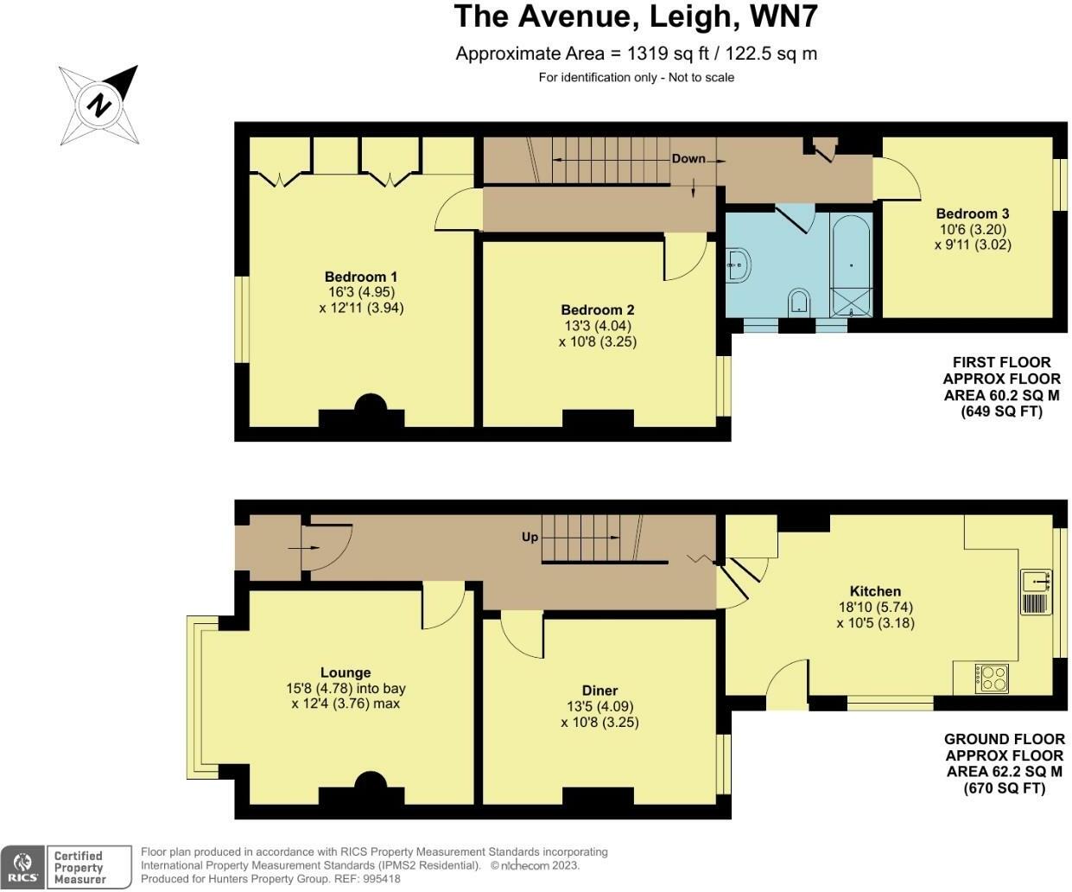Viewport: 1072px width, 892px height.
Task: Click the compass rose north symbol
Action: [99, 105]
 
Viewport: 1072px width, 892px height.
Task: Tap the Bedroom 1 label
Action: [361, 277]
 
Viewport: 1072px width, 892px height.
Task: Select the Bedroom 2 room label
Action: [598, 309]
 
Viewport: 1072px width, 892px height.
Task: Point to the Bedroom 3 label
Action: [973, 213]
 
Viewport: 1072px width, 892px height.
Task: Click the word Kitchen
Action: [875, 591]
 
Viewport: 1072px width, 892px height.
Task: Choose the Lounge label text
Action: [346, 672]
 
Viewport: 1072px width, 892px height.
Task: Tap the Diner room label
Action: [599, 691]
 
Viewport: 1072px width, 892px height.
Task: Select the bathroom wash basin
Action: [739, 265]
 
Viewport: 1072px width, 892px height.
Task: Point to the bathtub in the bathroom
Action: [851, 266]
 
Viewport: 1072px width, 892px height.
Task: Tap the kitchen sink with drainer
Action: [1036, 592]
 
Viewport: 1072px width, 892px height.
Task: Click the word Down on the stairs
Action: [688, 159]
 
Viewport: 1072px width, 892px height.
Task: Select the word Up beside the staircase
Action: [530, 538]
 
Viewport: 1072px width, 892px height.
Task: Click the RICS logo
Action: [22, 868]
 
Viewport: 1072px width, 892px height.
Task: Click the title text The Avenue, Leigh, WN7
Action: [636, 16]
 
